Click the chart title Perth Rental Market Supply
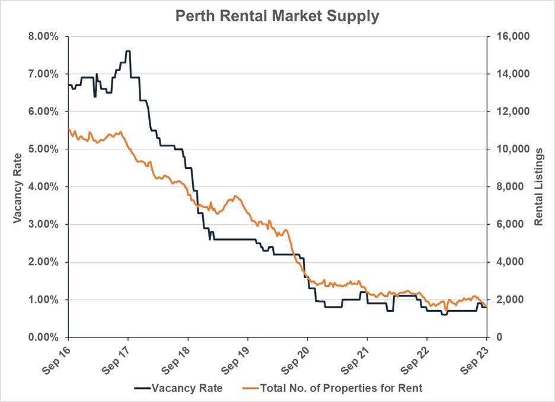pos(277,16)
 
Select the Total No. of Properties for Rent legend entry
pos(334,388)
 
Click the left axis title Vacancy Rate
pos(17,187)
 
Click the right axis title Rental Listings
pos(538,187)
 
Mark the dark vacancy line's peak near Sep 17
pos(128,52)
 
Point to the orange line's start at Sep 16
pos(69,129)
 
